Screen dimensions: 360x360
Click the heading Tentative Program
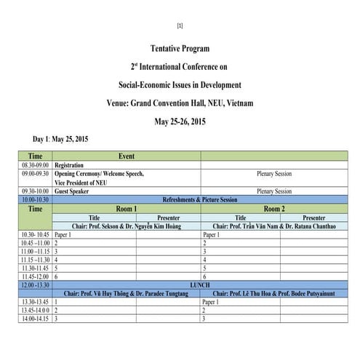pyautogui.click(x=179, y=49)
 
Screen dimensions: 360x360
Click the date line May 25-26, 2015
pyautogui.click(x=180, y=121)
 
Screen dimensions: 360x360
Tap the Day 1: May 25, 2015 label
pyautogui.click(x=60, y=139)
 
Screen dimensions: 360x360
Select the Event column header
pyautogui.click(x=126, y=156)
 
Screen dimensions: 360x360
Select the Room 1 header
pyautogui.click(x=126, y=209)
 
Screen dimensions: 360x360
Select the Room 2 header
pyautogui.click(x=273, y=209)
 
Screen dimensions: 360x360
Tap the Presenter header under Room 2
pyautogui.click(x=313, y=217)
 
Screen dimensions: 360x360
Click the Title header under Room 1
pyautogui.click(x=94, y=217)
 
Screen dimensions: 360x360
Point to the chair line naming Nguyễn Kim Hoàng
pyautogui.click(x=126, y=226)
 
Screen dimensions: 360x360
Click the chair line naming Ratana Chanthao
pyautogui.click(x=273, y=226)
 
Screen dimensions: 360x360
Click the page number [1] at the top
pyautogui.click(x=180, y=26)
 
